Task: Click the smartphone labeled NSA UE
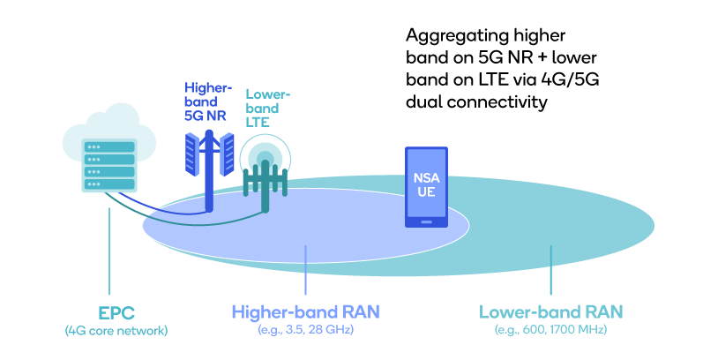426,186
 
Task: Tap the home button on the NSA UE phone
426,221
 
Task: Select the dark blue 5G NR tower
210,172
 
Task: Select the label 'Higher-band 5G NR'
207,101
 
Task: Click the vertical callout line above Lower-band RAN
550,271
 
